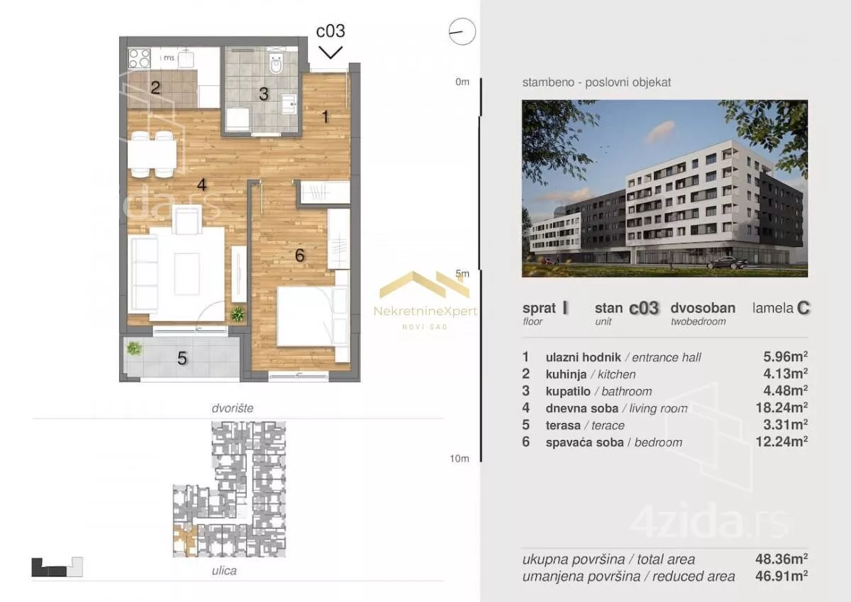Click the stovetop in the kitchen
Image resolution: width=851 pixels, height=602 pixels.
pyautogui.click(x=139, y=58)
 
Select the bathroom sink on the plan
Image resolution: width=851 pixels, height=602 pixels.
pyautogui.click(x=289, y=103)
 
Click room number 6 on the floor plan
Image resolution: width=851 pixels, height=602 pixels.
pyautogui.click(x=300, y=256)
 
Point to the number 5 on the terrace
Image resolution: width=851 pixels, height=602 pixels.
pyautogui.click(x=182, y=359)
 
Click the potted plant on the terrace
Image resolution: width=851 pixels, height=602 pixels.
pyautogui.click(x=134, y=349)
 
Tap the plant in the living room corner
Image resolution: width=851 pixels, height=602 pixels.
pyautogui.click(x=238, y=314)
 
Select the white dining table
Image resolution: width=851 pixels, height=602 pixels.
pyautogui.click(x=152, y=154)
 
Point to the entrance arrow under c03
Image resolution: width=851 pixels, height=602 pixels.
pyautogui.click(x=330, y=53)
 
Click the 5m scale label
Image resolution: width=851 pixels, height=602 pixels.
pyautogui.click(x=462, y=273)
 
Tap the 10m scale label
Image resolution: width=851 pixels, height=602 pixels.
pyautogui.click(x=460, y=459)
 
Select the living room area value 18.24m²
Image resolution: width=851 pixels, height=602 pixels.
pyautogui.click(x=782, y=407)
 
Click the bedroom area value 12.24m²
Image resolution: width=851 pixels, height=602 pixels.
pyautogui.click(x=782, y=442)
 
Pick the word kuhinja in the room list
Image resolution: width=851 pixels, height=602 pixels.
pyautogui.click(x=566, y=375)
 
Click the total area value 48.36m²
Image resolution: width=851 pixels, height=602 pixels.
pyautogui.click(x=782, y=559)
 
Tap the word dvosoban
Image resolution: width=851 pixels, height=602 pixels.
pyautogui.click(x=703, y=308)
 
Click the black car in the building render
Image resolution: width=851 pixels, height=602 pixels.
pyautogui.click(x=727, y=263)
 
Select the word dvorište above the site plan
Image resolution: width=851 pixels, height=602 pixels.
pyautogui.click(x=233, y=408)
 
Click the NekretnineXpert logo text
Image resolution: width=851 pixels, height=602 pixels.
pyautogui.click(x=425, y=312)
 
